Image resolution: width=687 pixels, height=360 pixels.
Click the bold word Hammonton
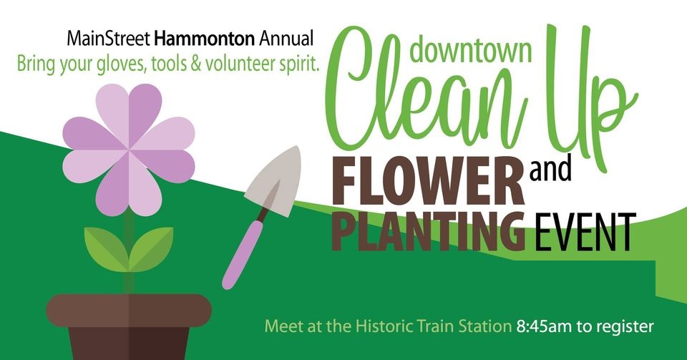tap(205, 39)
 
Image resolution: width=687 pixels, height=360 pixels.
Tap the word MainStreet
tap(109, 39)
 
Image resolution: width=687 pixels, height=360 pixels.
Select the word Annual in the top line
tap(286, 39)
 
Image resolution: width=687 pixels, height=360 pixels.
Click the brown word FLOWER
tap(428, 181)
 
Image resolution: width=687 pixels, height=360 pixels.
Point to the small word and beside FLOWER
tap(550, 170)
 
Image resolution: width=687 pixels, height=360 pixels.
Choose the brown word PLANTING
tap(428, 230)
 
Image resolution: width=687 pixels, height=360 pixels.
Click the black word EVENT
tap(582, 232)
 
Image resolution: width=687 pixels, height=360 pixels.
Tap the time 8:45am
tap(544, 326)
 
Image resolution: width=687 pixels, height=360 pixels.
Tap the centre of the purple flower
tap(129, 150)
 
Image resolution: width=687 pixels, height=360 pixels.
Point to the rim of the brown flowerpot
tap(129, 310)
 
